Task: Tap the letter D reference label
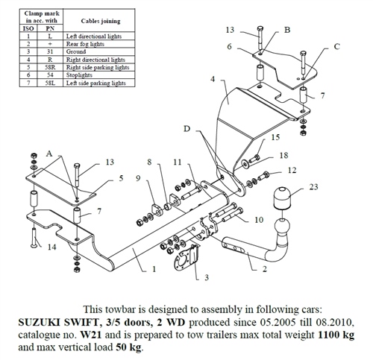(x=186, y=129)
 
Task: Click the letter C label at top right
(x=336, y=47)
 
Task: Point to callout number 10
(x=259, y=221)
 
